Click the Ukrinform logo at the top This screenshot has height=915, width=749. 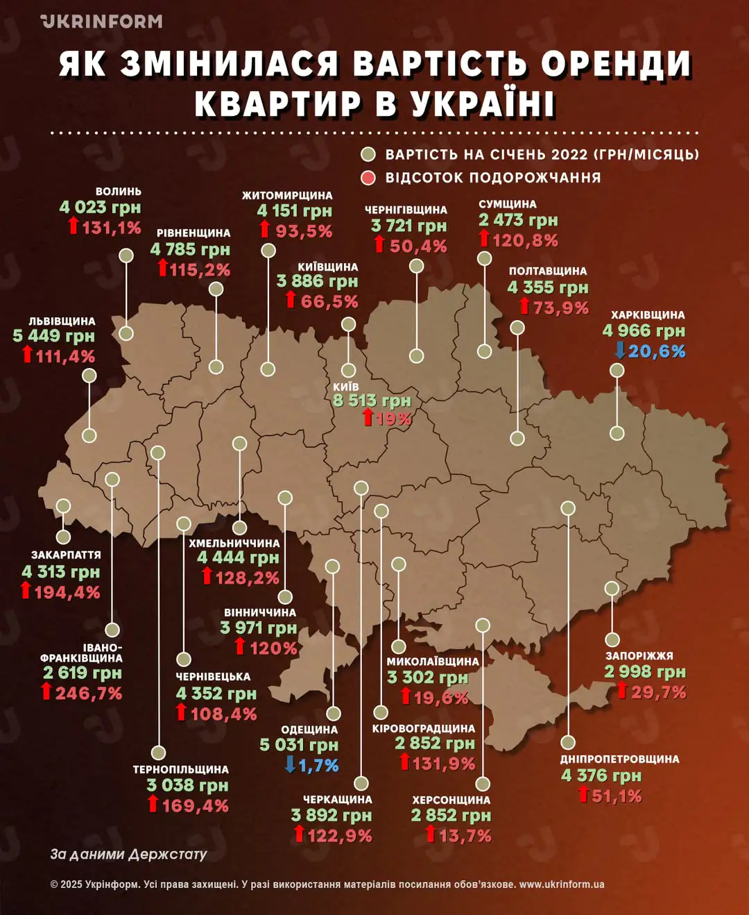[101, 22]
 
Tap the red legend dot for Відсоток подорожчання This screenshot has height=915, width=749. [368, 178]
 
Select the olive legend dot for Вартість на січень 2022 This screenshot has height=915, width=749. [368, 154]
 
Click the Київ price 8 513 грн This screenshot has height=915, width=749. [372, 401]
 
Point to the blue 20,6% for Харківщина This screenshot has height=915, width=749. [657, 351]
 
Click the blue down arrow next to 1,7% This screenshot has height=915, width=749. [291, 765]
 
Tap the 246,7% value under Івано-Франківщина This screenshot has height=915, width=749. [89, 693]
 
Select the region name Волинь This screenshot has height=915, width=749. [119, 192]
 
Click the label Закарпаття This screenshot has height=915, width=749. [66, 555]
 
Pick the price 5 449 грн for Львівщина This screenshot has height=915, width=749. [54, 336]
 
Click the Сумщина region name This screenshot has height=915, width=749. [508, 204]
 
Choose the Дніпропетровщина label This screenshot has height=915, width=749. [620, 759]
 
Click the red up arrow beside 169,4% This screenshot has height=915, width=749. [153, 805]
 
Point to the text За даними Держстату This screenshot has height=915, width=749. [128, 854]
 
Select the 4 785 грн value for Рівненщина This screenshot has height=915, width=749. [190, 249]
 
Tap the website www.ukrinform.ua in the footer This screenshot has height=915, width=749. [562, 884]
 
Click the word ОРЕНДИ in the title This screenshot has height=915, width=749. [616, 64]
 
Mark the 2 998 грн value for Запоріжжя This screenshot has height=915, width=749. [645, 671]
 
